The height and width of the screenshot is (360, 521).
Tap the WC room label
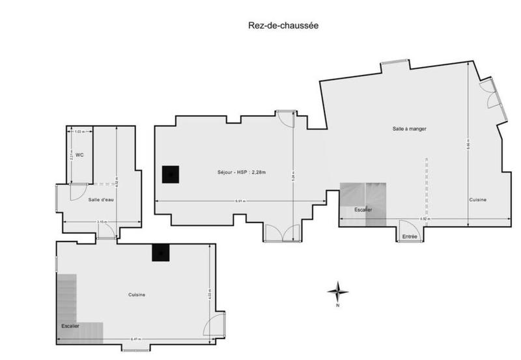point(79,155)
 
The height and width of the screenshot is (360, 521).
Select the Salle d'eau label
point(101,199)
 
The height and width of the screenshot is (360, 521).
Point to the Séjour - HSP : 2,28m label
point(242,173)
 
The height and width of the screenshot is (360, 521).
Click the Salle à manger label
point(409,128)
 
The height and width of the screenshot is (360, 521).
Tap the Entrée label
point(410,236)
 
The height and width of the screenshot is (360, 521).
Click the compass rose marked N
point(337,292)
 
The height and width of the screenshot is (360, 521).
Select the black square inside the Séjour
point(170,174)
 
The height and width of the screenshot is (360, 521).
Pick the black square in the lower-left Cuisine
point(160,253)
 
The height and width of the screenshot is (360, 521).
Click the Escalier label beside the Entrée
point(363,210)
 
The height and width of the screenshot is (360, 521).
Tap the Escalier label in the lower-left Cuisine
point(70,325)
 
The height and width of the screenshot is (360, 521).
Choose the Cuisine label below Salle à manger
point(477,200)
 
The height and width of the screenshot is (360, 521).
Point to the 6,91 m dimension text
point(240,201)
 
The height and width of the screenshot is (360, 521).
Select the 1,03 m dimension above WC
point(79,132)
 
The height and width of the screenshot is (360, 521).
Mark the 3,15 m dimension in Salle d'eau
point(102,222)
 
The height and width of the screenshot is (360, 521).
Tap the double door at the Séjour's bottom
point(283,232)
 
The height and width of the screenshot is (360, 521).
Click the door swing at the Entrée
point(409,227)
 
